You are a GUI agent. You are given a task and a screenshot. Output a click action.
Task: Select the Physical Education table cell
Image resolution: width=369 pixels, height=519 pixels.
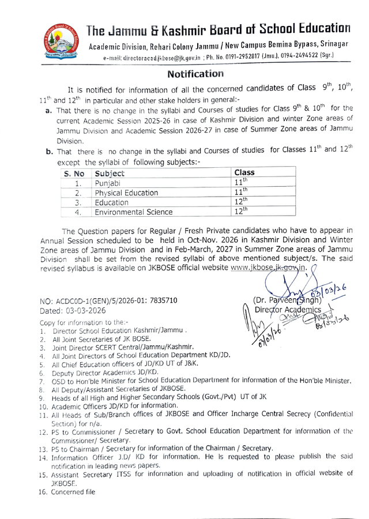pyautogui.click(x=126, y=193)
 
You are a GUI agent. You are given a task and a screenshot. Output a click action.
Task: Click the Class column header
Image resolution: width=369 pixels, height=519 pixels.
pyautogui.click(x=245, y=172)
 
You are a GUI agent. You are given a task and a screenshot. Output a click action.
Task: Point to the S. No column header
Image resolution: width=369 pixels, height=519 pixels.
pyautogui.click(x=74, y=173)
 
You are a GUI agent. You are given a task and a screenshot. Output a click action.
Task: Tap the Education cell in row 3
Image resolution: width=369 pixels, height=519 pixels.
pyautogui.click(x=112, y=202)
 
